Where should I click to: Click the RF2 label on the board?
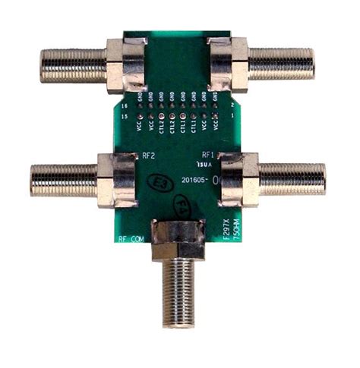149,156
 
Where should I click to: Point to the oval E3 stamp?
160,183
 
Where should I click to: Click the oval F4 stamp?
183,206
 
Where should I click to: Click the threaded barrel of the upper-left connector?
73,66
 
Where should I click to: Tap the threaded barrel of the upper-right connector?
281,64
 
